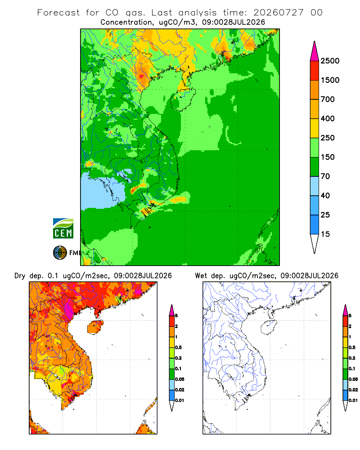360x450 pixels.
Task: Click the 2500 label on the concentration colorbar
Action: [330, 61]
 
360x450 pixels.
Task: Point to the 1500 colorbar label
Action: [330, 80]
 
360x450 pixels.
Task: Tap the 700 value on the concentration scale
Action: [328, 99]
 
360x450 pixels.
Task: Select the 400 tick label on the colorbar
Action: [328, 118]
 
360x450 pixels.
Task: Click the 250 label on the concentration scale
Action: [328, 138]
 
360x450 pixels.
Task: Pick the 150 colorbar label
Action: [328, 157]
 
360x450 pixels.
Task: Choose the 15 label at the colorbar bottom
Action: [325, 234]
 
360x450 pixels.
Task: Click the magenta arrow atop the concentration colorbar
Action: [315, 52]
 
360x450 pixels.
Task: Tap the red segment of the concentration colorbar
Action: [315, 71]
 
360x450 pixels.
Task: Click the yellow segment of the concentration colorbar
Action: [315, 128]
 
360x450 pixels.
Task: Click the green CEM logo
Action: [63, 229]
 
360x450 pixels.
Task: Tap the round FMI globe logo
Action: [60, 253]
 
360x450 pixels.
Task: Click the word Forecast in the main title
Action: [58, 13]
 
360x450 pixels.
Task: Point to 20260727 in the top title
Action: [278, 13]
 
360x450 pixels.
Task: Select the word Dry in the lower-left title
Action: [20, 276]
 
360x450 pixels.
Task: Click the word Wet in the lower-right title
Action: [201, 276]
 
